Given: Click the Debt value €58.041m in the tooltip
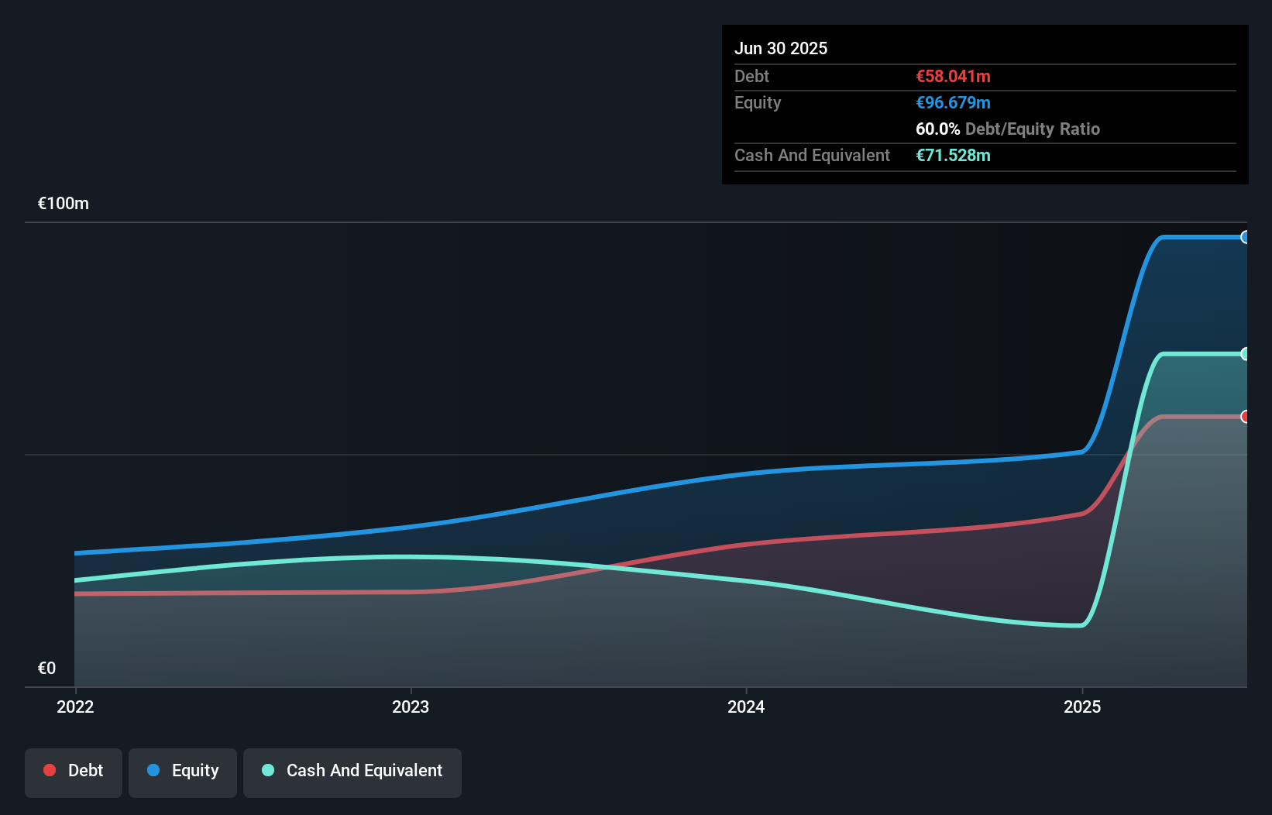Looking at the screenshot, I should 953,77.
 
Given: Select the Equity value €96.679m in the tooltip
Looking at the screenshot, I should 953,103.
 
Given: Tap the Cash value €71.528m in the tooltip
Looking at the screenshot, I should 953,156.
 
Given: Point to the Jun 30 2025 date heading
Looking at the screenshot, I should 781,49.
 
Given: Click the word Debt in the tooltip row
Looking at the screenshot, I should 751,77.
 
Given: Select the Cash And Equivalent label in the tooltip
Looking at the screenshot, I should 812,156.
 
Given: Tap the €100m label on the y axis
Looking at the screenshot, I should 64,204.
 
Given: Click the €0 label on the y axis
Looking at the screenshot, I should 46,669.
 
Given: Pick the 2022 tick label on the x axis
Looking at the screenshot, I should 75,707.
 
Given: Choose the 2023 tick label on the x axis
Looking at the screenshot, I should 411,707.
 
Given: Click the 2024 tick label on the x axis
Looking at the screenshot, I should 746,707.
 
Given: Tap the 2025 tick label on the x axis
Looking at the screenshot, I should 1082,707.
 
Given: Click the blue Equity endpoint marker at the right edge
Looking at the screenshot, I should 1245,237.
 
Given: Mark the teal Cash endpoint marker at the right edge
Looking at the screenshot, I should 1245,354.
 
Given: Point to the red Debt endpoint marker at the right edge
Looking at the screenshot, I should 1245,417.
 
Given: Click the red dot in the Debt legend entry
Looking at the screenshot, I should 50,770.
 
